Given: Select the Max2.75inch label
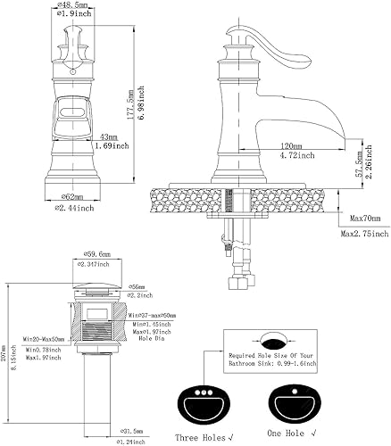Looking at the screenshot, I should (x=364, y=234).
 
